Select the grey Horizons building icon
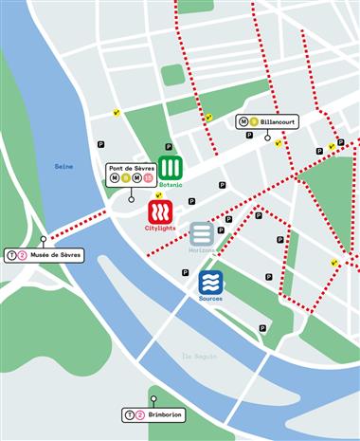[x=202, y=233]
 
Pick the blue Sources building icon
[x=210, y=282]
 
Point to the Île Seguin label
[x=199, y=356]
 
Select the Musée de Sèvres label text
[x=58, y=254]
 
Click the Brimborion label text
[x=165, y=415]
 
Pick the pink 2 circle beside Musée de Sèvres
[x=23, y=254]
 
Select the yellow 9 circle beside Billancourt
[x=254, y=121]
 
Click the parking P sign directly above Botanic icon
[x=169, y=147]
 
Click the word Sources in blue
[x=210, y=299]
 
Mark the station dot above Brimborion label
[x=152, y=398]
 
